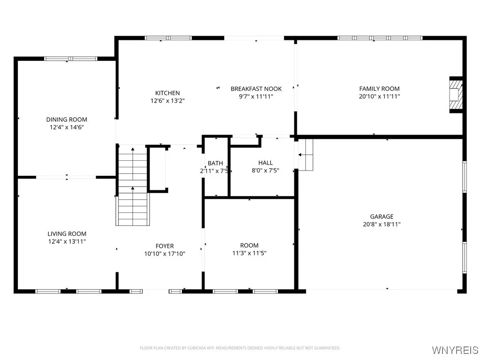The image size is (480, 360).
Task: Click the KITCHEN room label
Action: pyautogui.click(x=167, y=93)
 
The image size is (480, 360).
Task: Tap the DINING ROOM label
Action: pyautogui.click(x=67, y=120)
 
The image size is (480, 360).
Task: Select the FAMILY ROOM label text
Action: pyautogui.click(x=379, y=89)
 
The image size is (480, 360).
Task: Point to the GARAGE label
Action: pyautogui.click(x=382, y=217)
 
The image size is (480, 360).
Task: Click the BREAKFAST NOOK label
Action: pyautogui.click(x=256, y=89)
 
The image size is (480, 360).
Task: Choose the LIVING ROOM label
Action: pyautogui.click(x=67, y=233)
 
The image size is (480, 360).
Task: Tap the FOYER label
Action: pyautogui.click(x=165, y=246)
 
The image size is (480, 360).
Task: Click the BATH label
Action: pyautogui.click(x=215, y=163)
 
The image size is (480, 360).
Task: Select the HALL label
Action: pyautogui.click(x=265, y=163)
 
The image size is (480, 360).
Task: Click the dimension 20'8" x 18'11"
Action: pyautogui.click(x=382, y=225)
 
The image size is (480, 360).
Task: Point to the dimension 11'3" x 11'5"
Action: pyautogui.click(x=249, y=253)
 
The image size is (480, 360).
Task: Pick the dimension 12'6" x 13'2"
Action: pyautogui.click(x=167, y=101)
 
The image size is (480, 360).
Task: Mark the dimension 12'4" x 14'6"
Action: pyautogui.click(x=67, y=127)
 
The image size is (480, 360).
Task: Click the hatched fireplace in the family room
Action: pyautogui.click(x=456, y=95)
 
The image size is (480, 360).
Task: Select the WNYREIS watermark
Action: pyautogui.click(x=455, y=350)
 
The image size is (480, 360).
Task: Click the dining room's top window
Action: pyautogui.click(x=70, y=59)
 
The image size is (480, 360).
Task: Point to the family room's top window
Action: pyautogui.click(x=380, y=37)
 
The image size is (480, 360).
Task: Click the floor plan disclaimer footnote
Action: pyautogui.click(x=240, y=348)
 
